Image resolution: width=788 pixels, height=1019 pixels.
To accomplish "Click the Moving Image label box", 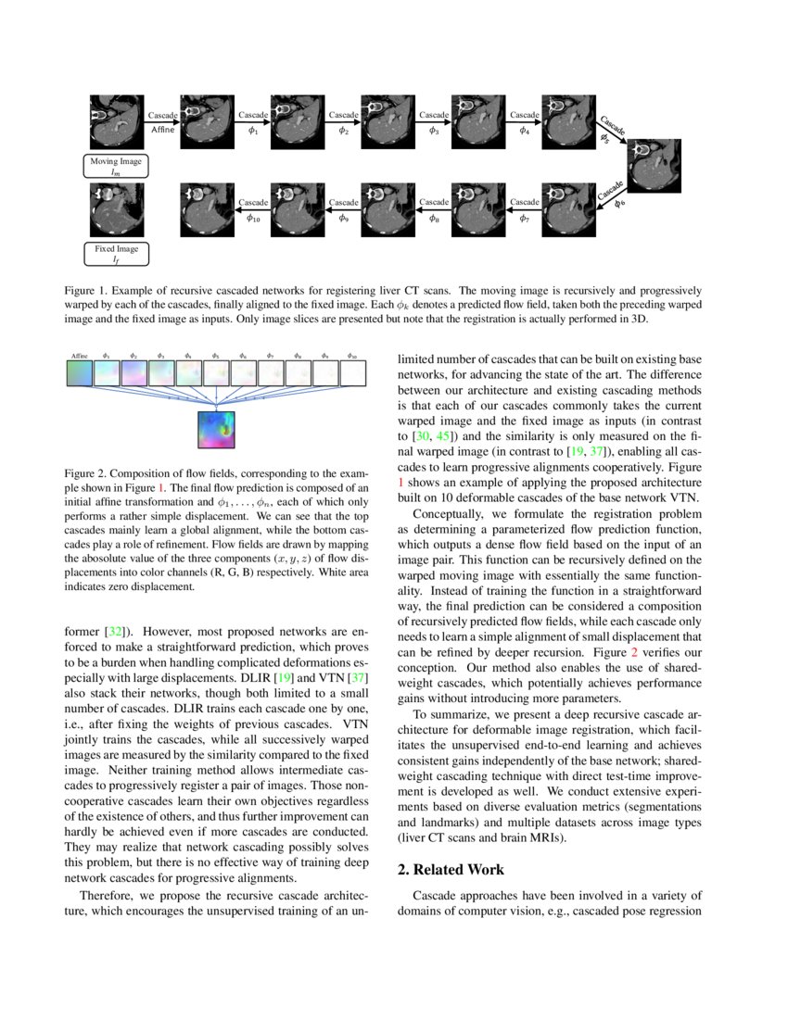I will [x=116, y=167].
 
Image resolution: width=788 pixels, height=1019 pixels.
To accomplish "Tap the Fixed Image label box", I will [x=116, y=254].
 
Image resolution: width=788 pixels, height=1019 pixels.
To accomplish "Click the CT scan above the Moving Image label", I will [x=116, y=122].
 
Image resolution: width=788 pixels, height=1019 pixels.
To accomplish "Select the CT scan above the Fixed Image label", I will [x=116, y=209].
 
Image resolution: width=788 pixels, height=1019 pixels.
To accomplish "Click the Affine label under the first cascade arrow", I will [x=162, y=131].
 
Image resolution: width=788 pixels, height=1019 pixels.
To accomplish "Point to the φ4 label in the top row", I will [x=525, y=131].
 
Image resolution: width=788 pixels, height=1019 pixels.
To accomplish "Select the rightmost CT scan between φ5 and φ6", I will [x=656, y=165].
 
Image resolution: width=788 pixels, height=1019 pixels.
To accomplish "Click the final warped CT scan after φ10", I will [x=207, y=209].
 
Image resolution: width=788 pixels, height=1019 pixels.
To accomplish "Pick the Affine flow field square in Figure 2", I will [x=80, y=373].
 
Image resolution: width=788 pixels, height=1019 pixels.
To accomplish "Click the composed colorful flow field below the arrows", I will [x=216, y=431].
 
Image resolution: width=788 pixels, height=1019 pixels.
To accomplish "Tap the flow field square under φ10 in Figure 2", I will [x=353, y=373].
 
